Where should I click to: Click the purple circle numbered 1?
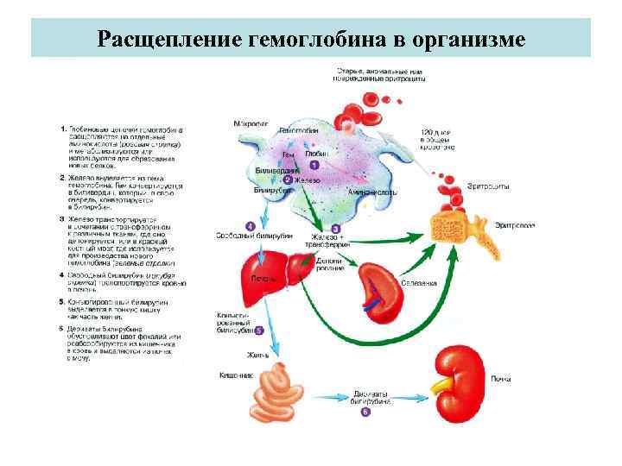point(314,164)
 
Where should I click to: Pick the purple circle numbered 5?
point(259,330)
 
